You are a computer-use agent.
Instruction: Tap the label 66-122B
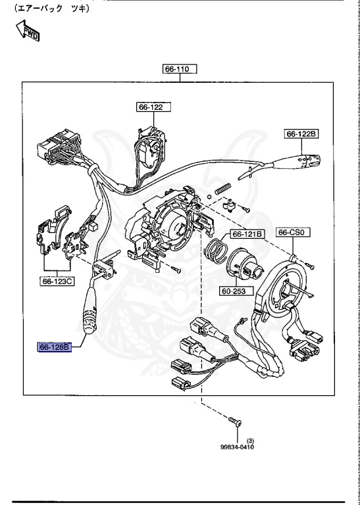pos(301,133)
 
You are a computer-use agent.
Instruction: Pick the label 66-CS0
pos(294,232)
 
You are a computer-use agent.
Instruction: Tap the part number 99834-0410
pos(237,447)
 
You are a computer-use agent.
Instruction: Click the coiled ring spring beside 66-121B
pos(215,251)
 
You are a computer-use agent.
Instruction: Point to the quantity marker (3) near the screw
pos(250,440)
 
